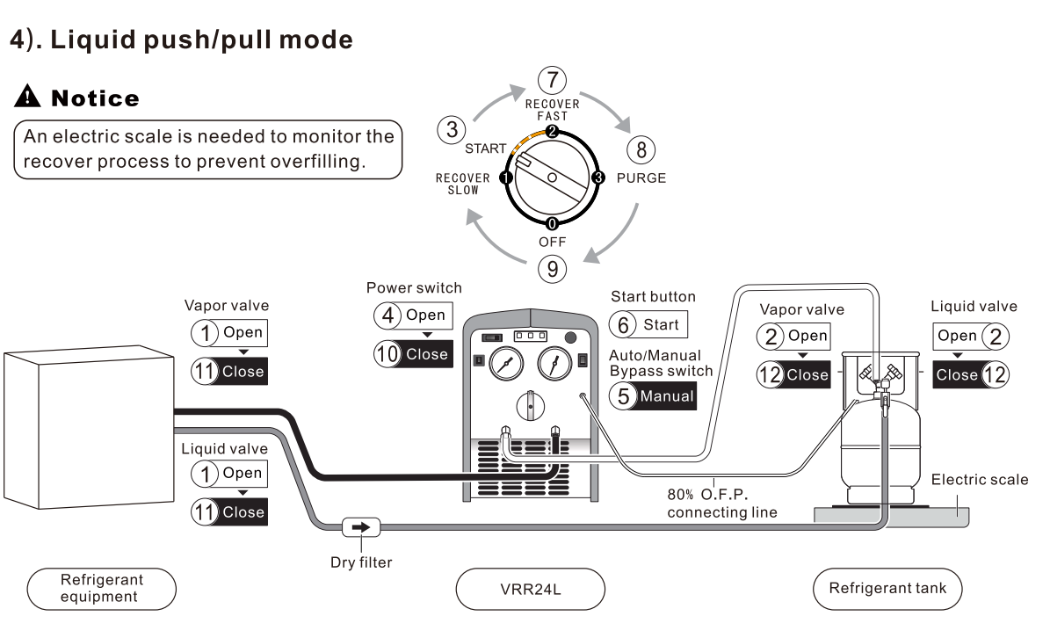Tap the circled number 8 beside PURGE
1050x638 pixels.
641,149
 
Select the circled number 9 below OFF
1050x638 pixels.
551,267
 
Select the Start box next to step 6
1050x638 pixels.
660,324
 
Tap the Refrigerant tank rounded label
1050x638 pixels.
888,588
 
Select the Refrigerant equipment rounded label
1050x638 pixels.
102,588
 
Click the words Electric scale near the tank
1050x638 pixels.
979,481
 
